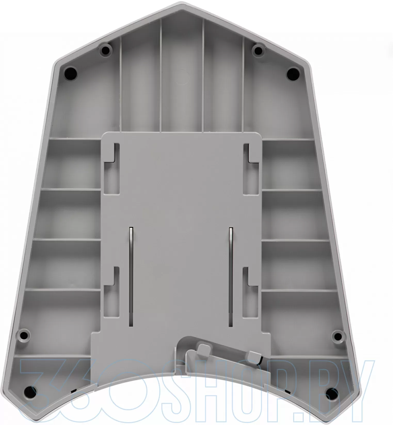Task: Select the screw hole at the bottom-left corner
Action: (30, 392)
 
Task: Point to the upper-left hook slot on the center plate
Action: (112, 169)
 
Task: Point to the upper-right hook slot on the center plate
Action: (251, 169)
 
